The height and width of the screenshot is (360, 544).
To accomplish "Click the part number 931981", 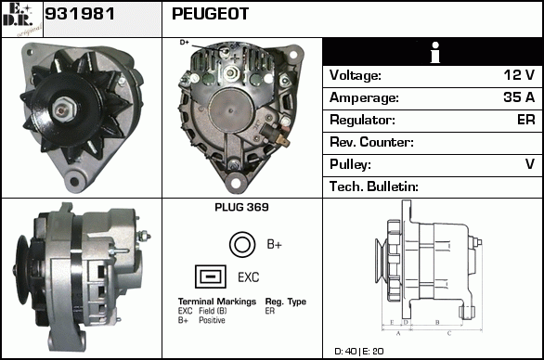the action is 80,14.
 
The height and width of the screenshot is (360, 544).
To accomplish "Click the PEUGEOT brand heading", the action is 210,14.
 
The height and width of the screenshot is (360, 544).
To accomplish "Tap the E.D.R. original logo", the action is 22,19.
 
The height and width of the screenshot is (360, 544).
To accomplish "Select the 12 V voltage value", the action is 519,75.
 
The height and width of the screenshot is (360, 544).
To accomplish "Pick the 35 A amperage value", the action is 519,97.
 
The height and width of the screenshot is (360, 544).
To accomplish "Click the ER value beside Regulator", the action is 526,120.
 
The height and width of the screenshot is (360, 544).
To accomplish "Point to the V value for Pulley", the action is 530,164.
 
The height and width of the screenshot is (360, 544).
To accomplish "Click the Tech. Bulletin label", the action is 374,186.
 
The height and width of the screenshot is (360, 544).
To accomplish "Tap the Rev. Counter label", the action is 371,142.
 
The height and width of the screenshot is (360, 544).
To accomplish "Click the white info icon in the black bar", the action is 435,52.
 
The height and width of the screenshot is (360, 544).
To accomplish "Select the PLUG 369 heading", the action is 241,207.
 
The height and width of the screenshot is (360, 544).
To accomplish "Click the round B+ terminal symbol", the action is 242,245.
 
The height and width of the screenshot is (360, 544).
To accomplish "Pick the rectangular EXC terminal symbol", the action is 211,276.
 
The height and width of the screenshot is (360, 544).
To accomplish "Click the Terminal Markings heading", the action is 217,302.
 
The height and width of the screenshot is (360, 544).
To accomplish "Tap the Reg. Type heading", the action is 286,302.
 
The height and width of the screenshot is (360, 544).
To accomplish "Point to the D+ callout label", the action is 184,43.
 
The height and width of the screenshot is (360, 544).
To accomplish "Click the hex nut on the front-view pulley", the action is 63,109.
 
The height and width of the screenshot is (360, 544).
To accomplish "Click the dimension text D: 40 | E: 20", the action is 359,352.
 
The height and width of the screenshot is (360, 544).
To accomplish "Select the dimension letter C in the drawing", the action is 449,333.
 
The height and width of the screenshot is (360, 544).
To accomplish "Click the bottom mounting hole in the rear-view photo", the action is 236,183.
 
